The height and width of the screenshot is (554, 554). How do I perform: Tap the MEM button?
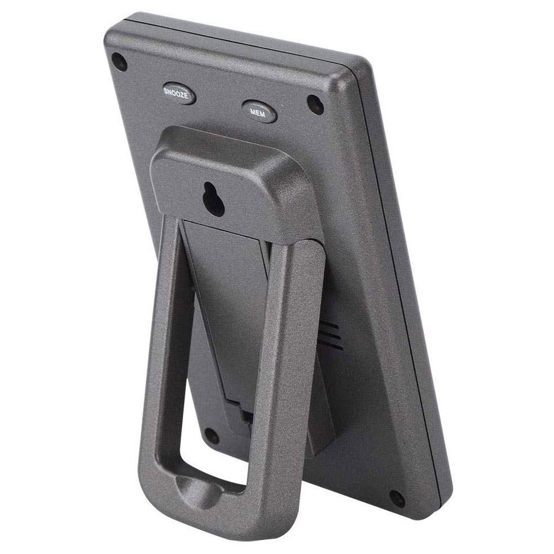(x=259, y=111)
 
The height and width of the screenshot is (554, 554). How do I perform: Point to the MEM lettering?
(x=258, y=113)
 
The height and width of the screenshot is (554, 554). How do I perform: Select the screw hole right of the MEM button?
(x=315, y=104)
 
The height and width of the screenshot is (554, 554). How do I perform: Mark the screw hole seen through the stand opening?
(x=212, y=436)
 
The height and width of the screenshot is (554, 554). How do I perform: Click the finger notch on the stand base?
(x=198, y=489)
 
